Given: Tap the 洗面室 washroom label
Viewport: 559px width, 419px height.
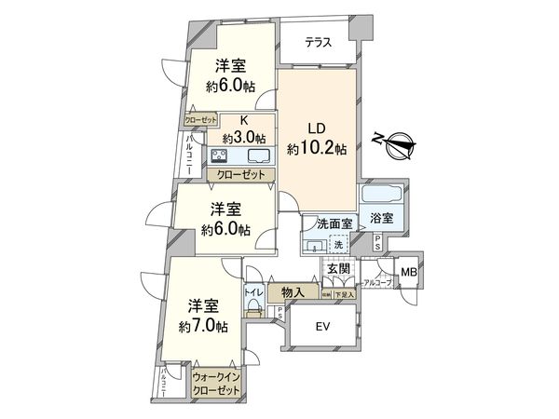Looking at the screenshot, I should pyautogui.click(x=332, y=224).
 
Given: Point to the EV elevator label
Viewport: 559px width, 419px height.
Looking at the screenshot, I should pyautogui.click(x=322, y=326).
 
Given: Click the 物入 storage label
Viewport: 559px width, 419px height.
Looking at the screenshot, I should pyautogui.click(x=293, y=292).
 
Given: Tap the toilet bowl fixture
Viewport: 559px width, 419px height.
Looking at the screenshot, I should pyautogui.click(x=252, y=311).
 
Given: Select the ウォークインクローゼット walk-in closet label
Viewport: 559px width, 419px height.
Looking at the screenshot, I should pyautogui.click(x=215, y=384).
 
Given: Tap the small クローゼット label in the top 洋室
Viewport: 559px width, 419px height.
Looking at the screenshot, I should pyautogui.click(x=200, y=119).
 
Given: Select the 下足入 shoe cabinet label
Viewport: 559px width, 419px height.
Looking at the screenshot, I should pyautogui.click(x=344, y=294).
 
